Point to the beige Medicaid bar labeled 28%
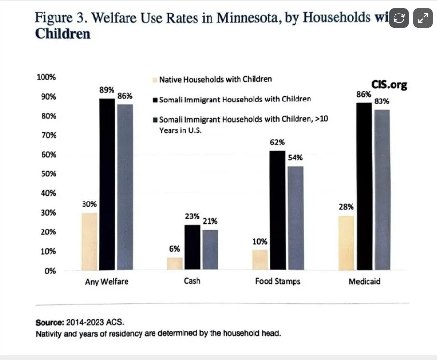(347, 243)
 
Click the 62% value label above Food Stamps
(278, 143)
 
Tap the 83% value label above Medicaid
(382, 101)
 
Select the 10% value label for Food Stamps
(259, 241)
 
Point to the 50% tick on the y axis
(47, 174)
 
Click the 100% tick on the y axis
(46, 77)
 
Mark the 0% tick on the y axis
(50, 271)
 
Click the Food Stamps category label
(278, 281)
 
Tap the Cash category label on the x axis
(192, 281)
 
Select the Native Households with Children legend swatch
(154, 79)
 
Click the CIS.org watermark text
(389, 85)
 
